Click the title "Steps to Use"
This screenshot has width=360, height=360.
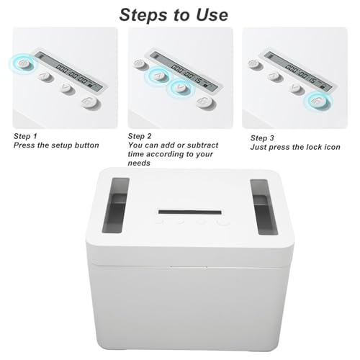pyautogui.click(x=174, y=15)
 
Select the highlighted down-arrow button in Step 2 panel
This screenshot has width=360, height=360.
pyautogui.click(x=181, y=88)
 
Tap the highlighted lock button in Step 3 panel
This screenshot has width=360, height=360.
pyautogui.click(x=318, y=101)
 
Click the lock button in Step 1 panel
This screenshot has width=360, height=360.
pyautogui.click(x=89, y=102)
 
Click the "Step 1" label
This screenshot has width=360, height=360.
pyautogui.click(x=25, y=136)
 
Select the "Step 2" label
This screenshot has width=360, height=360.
pyautogui.click(x=140, y=136)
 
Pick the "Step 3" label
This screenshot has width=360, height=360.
pyautogui.click(x=262, y=138)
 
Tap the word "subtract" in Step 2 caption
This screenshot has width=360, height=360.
pyautogui.click(x=202, y=145)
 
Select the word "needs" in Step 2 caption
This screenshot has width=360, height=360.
pyautogui.click(x=139, y=163)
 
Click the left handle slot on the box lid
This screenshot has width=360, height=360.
pyautogui.click(x=116, y=205)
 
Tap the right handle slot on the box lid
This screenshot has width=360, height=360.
pyautogui.click(x=264, y=207)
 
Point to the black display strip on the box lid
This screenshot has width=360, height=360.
pyautogui.click(x=190, y=212)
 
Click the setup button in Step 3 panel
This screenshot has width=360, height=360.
pyautogui.click(x=253, y=64)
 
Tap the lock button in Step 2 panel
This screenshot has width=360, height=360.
pyautogui.click(x=204, y=102)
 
